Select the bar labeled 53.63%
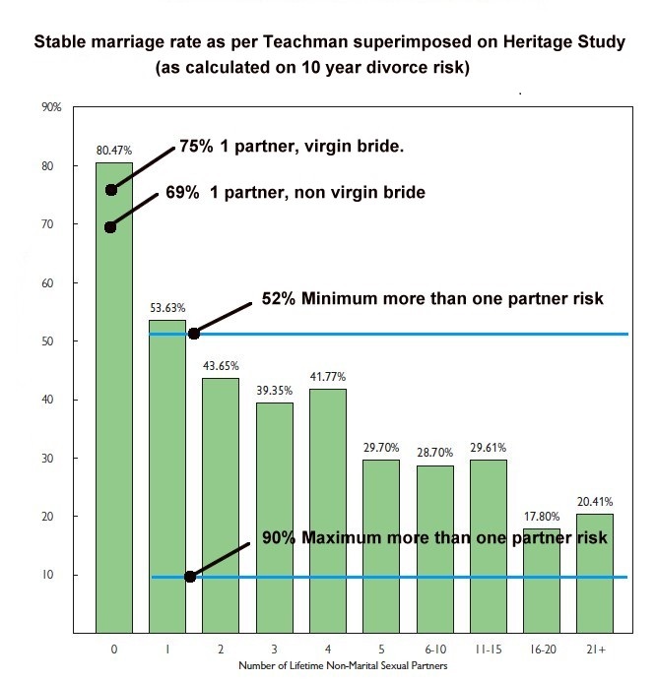(167, 472)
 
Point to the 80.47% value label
(113, 151)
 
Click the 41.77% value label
(328, 376)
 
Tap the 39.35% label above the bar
(274, 390)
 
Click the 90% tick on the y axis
(52, 106)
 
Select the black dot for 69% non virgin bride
(110, 227)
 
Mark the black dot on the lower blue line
(190, 577)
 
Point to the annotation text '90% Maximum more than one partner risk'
(434, 538)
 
